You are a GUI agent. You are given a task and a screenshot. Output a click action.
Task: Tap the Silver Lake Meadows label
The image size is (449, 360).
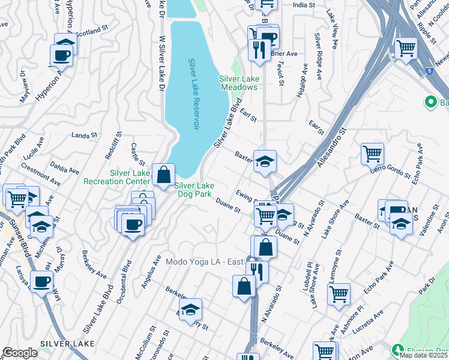pos(238,83)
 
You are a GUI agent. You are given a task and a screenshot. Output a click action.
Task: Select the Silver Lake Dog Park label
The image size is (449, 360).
pos(194,190)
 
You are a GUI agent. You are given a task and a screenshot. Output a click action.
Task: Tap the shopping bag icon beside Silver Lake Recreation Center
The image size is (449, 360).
pos(163,176)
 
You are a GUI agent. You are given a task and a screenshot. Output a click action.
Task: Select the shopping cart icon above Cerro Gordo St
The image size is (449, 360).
pos(372,154)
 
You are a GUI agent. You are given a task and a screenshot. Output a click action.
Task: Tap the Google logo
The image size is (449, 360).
pos(20,353)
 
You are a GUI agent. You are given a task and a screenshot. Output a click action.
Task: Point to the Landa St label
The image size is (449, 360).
pos(83,135)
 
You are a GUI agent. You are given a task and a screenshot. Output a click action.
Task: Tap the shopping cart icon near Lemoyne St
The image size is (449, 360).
pos(339,293)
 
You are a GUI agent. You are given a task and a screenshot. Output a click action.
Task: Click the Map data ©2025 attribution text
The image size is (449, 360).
pos(423,355)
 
